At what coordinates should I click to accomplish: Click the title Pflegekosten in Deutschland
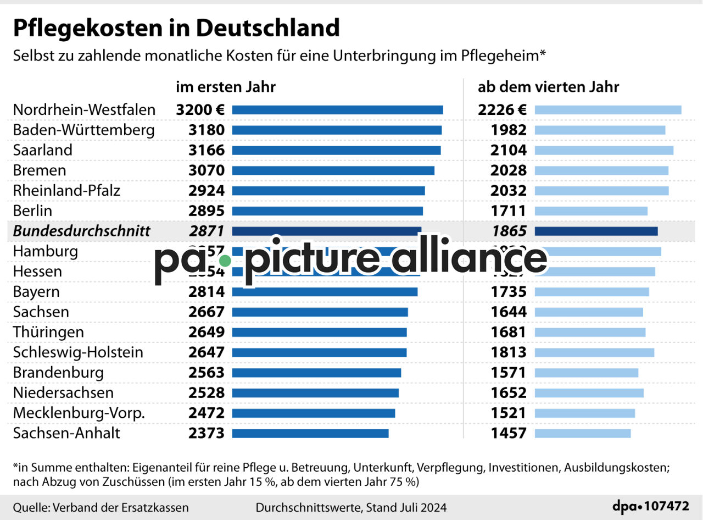pos(176,27)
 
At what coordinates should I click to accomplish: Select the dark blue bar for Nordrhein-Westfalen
pos(337,110)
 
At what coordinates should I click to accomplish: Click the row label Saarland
pos(43,150)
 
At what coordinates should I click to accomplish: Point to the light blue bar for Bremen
pos(601,170)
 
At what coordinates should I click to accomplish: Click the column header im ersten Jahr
pos(226,87)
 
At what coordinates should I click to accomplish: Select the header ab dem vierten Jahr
pos(548,87)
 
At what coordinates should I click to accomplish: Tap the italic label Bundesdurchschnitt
pos(81,231)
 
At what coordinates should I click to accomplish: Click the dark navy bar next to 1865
pos(595,231)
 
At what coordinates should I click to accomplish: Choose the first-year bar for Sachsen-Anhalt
pos(310,433)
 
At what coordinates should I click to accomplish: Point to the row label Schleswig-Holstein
pos(78,352)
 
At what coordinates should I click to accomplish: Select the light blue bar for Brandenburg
pos(586,373)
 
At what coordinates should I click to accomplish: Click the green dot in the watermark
pos(225,261)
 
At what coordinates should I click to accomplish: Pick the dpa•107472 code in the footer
pos(651,506)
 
